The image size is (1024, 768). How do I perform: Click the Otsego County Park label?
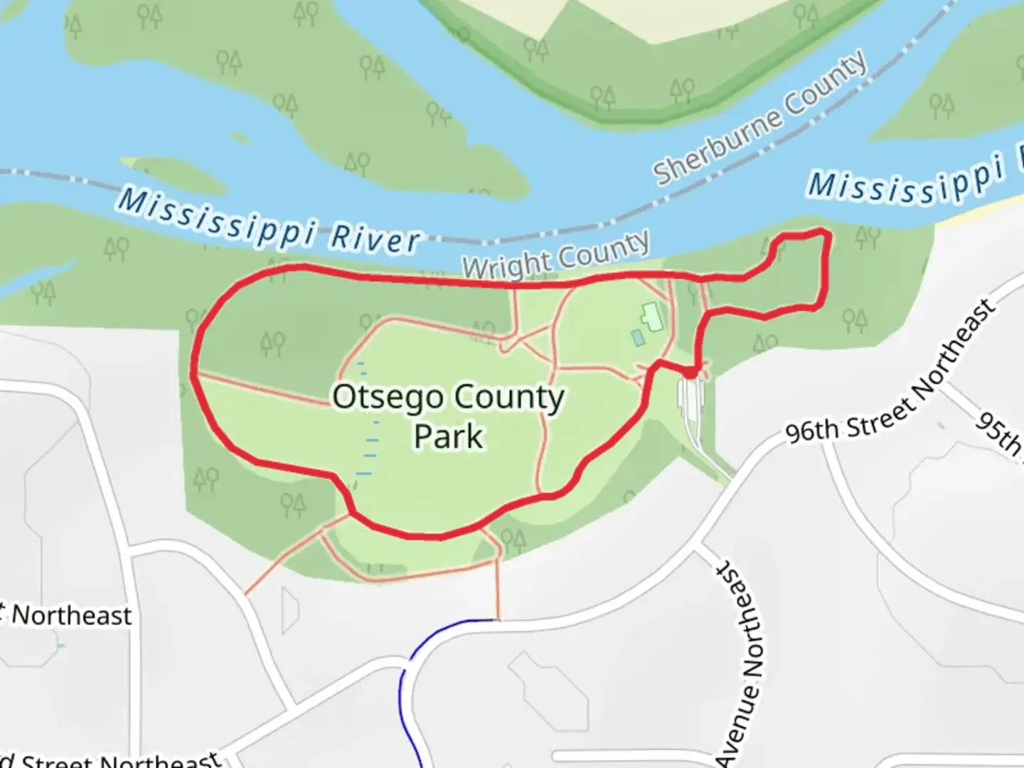click(x=448, y=416)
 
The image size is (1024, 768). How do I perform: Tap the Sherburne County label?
click(x=760, y=118)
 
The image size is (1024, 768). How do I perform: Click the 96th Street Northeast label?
click(x=890, y=373)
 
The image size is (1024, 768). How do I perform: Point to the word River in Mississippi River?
click(x=375, y=237)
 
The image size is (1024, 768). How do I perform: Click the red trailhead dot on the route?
click(x=690, y=372)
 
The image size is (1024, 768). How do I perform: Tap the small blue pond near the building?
click(x=638, y=338)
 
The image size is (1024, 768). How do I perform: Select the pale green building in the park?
click(x=651, y=316)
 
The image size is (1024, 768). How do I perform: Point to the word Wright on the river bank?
click(x=507, y=265)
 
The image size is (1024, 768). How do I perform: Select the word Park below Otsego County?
click(x=448, y=436)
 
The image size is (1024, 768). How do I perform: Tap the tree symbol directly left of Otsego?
click(x=272, y=344)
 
